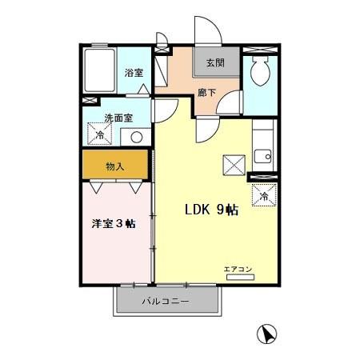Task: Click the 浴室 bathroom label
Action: coord(133,73)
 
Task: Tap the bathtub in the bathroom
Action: coord(100,71)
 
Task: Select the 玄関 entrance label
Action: coord(215,62)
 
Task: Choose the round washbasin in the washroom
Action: coord(136,137)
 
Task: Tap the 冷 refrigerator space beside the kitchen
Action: coord(264,194)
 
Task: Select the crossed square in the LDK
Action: coord(234,166)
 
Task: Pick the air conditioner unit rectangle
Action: coord(240,277)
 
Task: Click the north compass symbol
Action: coord(267,334)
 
